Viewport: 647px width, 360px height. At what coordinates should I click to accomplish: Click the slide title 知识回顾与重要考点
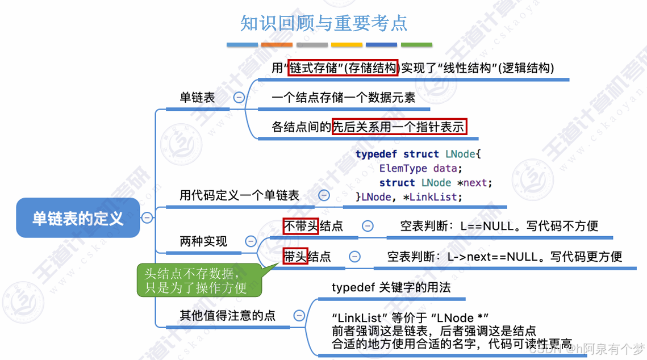pyautogui.click(x=324, y=23)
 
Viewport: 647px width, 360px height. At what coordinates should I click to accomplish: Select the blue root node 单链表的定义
pyautogui.click(x=78, y=218)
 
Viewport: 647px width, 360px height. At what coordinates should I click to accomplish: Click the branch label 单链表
pyautogui.click(x=198, y=98)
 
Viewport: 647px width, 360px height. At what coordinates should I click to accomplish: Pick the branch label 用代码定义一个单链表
pyautogui.click(x=239, y=195)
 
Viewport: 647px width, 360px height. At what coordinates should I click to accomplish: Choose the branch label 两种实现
pyautogui.click(x=203, y=241)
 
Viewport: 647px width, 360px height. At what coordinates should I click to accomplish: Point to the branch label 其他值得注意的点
pyautogui.click(x=227, y=316)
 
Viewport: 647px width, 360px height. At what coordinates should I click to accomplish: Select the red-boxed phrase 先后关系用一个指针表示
pyautogui.click(x=399, y=127)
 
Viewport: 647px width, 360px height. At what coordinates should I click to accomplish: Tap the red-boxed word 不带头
pyautogui.click(x=300, y=226)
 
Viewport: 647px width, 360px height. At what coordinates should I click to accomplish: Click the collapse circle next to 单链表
pyautogui.click(x=239, y=97)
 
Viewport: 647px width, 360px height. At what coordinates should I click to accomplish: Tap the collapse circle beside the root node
pyautogui.click(x=147, y=217)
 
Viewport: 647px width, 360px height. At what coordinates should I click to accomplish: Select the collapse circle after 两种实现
pyautogui.click(x=251, y=241)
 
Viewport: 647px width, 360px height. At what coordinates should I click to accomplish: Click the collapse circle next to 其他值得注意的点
pyautogui.click(x=299, y=316)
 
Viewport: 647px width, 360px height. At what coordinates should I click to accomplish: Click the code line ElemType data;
pyautogui.click(x=421, y=168)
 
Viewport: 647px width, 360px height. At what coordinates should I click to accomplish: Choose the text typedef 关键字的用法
pyautogui.click(x=391, y=287)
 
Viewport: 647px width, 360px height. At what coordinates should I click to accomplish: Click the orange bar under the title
pyautogui.click(x=277, y=44)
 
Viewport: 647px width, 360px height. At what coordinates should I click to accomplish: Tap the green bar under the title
pyautogui.click(x=416, y=44)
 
